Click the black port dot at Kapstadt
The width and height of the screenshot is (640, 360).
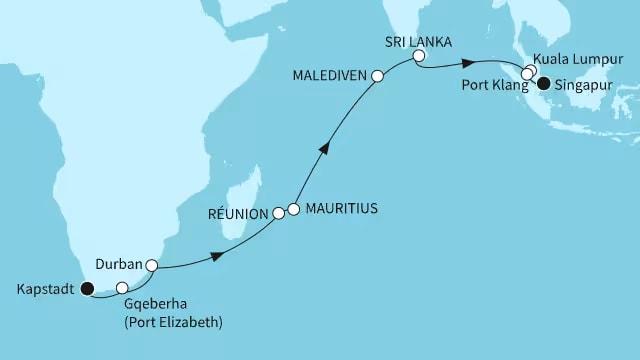pos(88,289)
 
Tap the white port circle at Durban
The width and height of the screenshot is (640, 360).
pos(151,266)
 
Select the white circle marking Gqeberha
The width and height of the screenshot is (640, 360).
pos(122,288)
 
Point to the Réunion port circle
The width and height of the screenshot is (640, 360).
pos(279,213)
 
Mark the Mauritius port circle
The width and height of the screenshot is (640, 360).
pos(294,209)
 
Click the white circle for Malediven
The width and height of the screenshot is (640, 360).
pos(377,76)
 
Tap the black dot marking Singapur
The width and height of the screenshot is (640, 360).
pos(543,85)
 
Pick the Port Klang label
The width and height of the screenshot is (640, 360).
pos(489,85)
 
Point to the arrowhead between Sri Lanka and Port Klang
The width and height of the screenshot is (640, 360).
pos(468,71)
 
